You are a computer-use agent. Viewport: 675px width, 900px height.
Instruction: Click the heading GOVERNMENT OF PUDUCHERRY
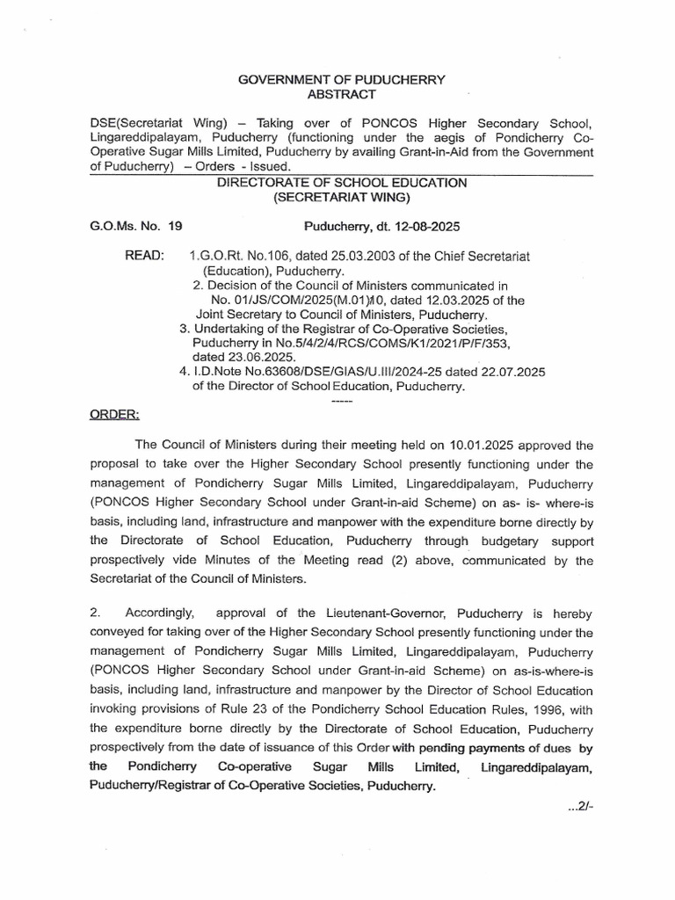[342, 80]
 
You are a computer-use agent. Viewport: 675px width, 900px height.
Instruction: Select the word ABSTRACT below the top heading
[342, 94]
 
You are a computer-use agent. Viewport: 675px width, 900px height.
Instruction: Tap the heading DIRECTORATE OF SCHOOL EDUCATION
[342, 182]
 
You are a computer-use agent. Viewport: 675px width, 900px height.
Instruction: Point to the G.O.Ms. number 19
[174, 226]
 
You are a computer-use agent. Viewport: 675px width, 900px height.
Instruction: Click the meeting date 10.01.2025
[481, 446]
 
